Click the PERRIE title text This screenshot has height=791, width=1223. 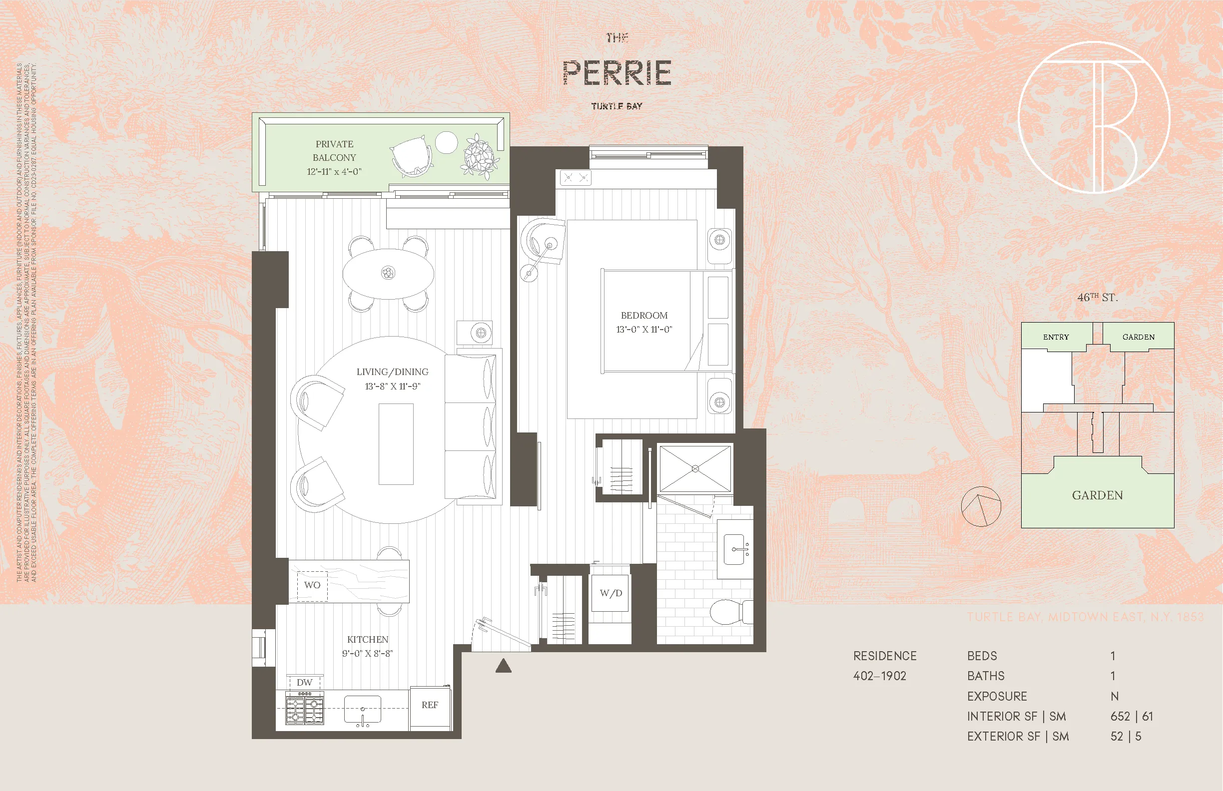point(616,73)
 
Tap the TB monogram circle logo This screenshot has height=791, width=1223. point(1094,117)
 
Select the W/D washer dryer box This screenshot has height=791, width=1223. point(611,593)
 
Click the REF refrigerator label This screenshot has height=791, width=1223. point(430,705)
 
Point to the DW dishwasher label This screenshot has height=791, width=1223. point(304,683)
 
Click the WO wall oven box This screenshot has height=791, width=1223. point(312,585)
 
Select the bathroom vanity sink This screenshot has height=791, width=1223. point(735,549)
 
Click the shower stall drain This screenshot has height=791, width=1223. point(695,468)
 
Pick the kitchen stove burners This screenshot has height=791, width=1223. point(304,709)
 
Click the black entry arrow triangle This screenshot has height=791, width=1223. point(503,666)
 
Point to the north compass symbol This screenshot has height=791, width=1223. point(981,506)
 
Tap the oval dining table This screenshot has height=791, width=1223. point(388,273)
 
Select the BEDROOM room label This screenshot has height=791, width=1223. point(644,316)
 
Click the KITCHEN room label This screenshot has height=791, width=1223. point(367,640)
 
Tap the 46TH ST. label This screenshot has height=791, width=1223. point(1097,298)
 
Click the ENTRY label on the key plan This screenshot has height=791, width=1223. point(1056,337)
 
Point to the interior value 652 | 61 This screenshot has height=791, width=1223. point(1132,717)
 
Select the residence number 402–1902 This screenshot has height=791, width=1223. point(879,676)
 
